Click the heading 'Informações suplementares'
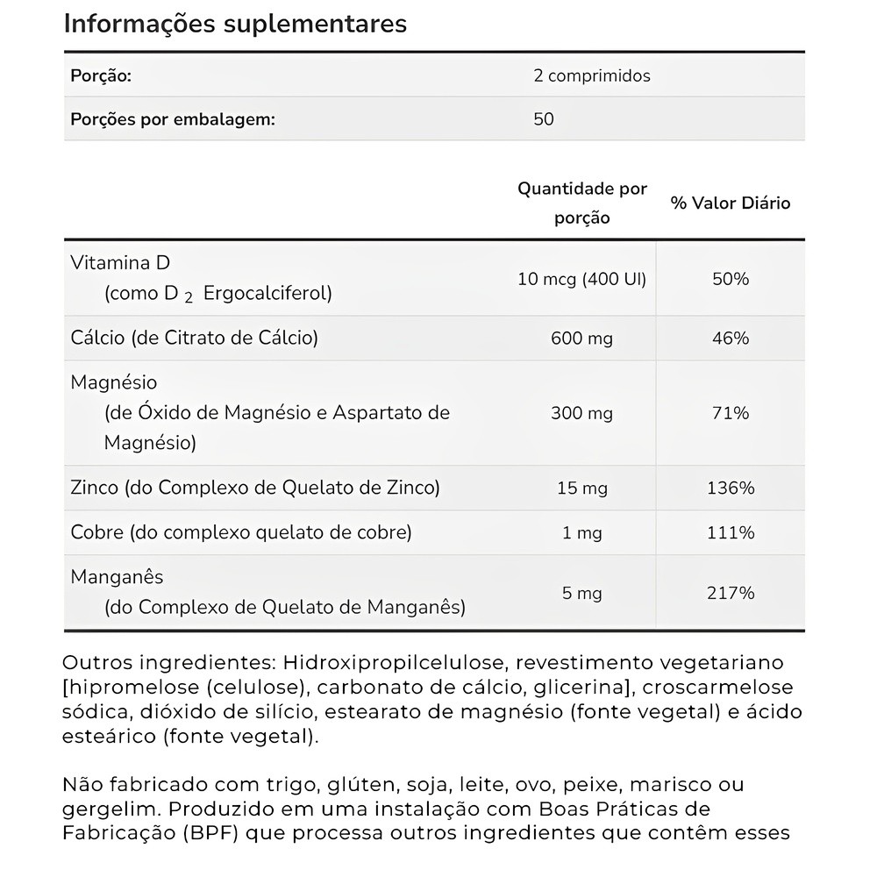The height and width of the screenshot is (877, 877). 235,24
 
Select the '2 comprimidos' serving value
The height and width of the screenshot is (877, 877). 592,75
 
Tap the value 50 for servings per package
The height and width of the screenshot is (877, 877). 544,118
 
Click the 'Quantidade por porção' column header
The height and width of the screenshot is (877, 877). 581,203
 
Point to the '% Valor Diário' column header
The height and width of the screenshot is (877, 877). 731,203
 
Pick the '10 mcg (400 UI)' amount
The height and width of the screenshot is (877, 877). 581,280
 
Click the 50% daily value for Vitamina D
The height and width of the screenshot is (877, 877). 731,280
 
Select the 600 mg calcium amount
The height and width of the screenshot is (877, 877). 581,338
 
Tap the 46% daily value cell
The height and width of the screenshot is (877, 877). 731,338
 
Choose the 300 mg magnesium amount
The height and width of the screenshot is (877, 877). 581,413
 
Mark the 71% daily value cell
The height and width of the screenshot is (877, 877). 731,413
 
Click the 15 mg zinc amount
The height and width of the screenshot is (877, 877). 581,488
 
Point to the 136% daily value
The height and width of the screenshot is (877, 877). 731,488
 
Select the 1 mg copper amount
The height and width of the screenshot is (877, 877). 581,532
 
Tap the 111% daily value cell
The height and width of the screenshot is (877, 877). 731,532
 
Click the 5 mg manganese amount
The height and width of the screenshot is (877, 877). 581,594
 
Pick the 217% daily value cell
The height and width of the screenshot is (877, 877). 731,594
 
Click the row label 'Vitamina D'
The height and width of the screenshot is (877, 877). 120,263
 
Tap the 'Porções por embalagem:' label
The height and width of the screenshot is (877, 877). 172,118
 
